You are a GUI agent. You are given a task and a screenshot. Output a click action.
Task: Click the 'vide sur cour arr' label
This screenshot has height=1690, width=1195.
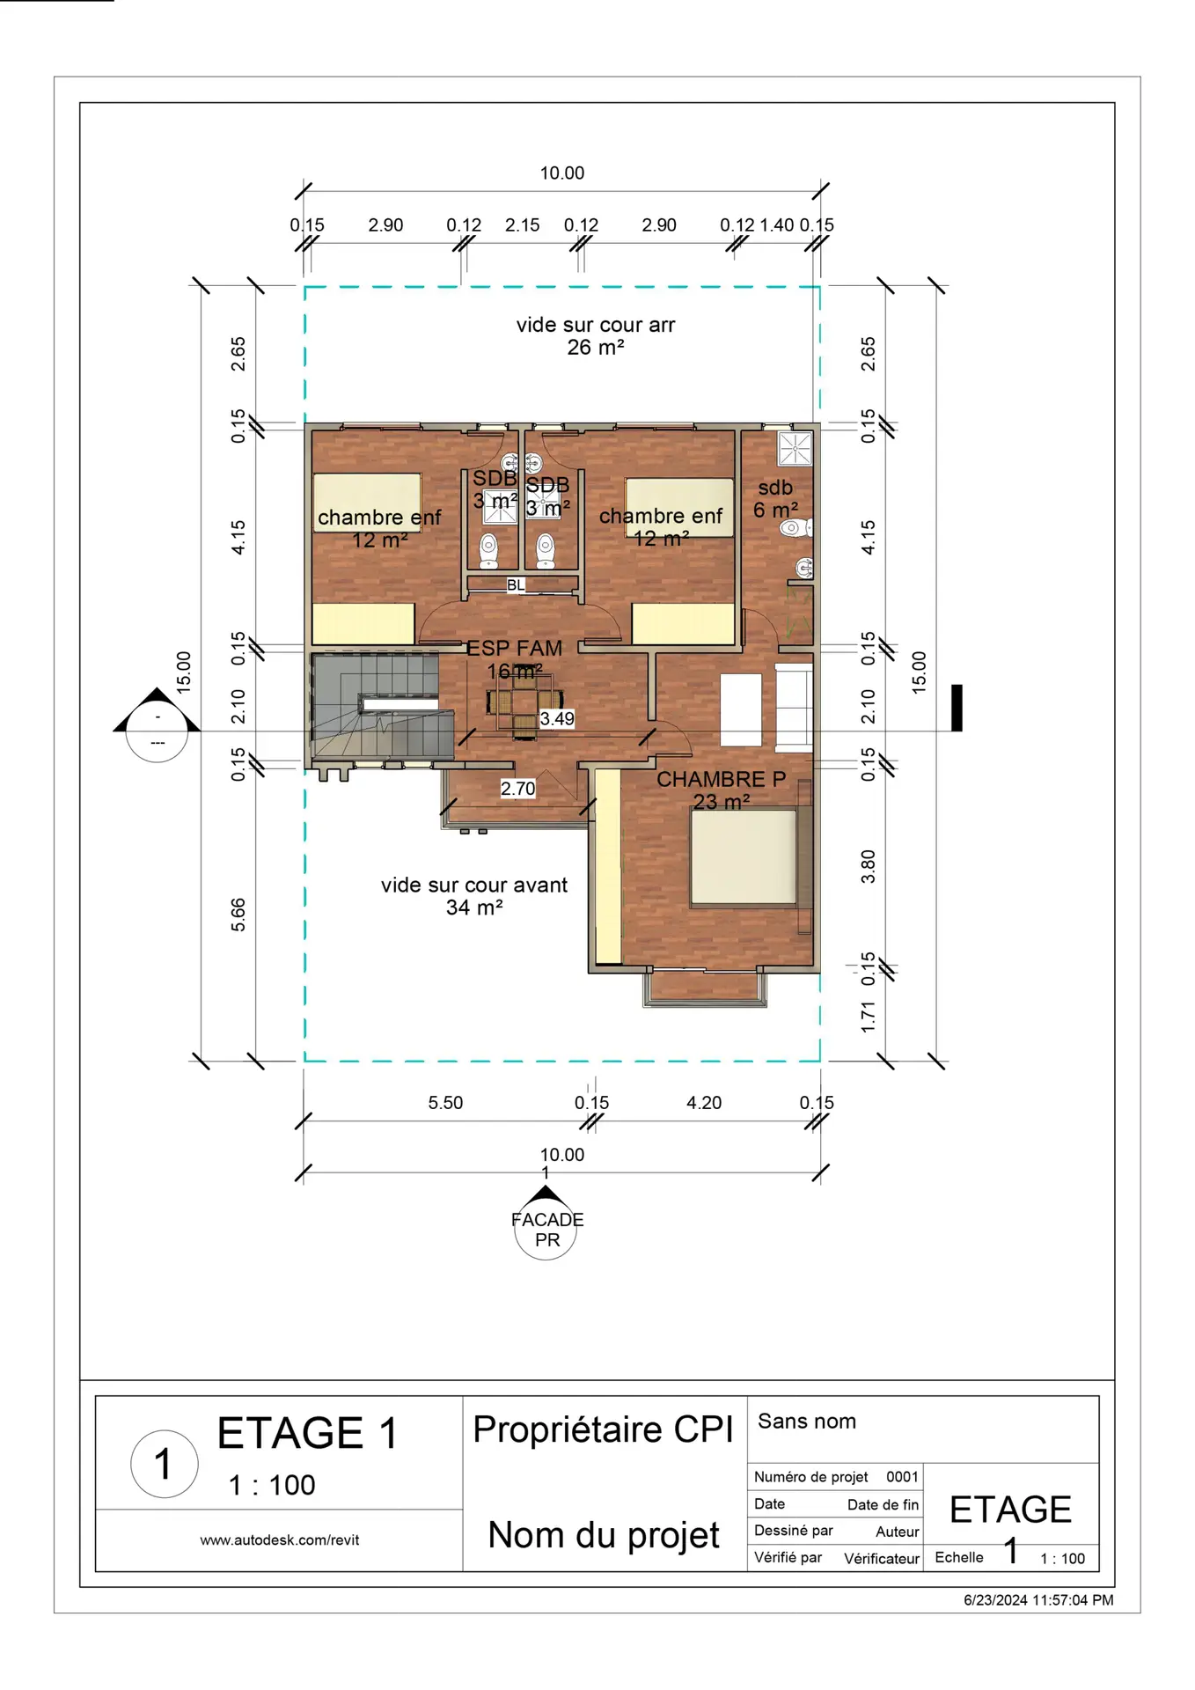596,325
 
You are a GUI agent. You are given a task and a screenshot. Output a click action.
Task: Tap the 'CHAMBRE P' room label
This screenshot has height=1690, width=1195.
721,779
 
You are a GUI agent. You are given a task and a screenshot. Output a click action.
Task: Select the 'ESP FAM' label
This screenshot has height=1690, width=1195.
514,648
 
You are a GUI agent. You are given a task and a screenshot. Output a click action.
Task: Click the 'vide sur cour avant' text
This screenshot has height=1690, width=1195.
474,885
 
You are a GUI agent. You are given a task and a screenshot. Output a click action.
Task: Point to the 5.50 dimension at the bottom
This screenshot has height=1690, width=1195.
445,1103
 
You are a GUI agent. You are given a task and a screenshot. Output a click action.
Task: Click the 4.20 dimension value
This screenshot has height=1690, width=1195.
704,1103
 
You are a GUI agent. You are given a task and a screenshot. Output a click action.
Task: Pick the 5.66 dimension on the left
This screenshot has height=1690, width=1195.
238,915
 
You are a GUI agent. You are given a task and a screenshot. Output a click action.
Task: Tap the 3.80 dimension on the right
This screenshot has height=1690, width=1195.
868,867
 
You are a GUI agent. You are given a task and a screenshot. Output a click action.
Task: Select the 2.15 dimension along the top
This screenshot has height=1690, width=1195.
522,225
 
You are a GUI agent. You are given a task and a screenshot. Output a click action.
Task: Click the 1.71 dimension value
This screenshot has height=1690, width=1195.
868,1017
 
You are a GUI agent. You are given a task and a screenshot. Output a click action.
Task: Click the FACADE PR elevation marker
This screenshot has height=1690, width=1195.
546,1223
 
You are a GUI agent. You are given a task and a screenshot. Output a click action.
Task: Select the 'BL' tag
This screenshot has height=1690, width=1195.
516,584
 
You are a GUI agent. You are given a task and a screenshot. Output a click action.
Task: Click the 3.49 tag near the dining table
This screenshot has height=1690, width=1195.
557,718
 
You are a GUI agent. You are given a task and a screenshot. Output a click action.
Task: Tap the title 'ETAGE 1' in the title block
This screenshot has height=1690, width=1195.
308,1433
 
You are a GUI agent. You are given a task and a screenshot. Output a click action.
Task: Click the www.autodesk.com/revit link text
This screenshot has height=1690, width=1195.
279,1539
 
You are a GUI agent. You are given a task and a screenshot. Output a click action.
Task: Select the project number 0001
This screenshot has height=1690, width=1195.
902,1476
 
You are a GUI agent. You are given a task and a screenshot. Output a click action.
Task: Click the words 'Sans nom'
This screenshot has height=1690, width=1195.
807,1421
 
